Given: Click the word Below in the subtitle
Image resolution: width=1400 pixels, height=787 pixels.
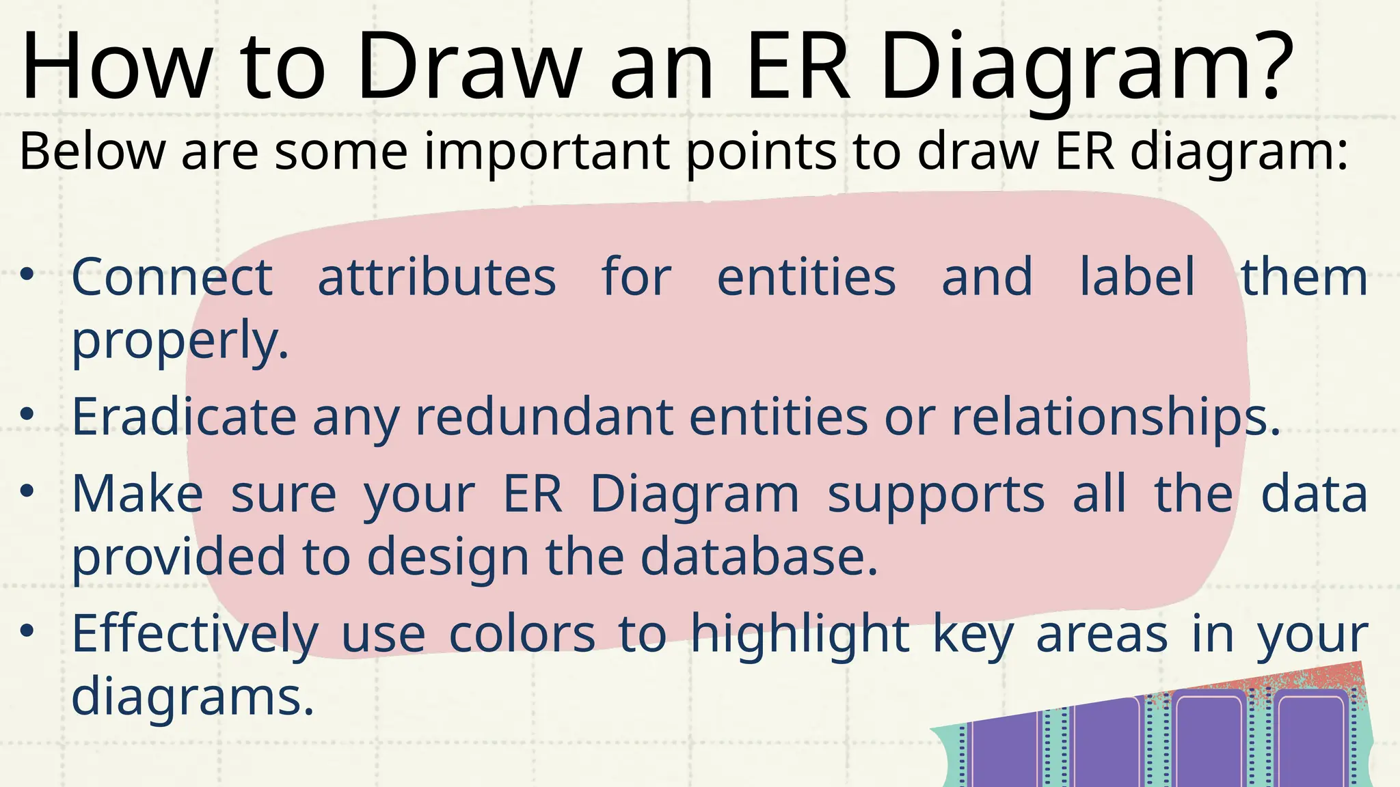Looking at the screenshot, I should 92,151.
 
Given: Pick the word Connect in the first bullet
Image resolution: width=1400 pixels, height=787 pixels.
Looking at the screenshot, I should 172,277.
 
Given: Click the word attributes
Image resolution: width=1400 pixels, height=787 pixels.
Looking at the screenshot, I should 437,277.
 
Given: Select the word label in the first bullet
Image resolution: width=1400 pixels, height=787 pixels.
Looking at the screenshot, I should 1137,277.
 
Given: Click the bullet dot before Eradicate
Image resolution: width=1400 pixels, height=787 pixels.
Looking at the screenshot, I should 27,414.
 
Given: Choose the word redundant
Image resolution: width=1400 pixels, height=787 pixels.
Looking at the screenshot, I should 544,417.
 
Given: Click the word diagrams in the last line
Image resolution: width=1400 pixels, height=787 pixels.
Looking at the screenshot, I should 192,698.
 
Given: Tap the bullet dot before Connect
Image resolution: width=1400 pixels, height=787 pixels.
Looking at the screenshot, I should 27,275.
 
